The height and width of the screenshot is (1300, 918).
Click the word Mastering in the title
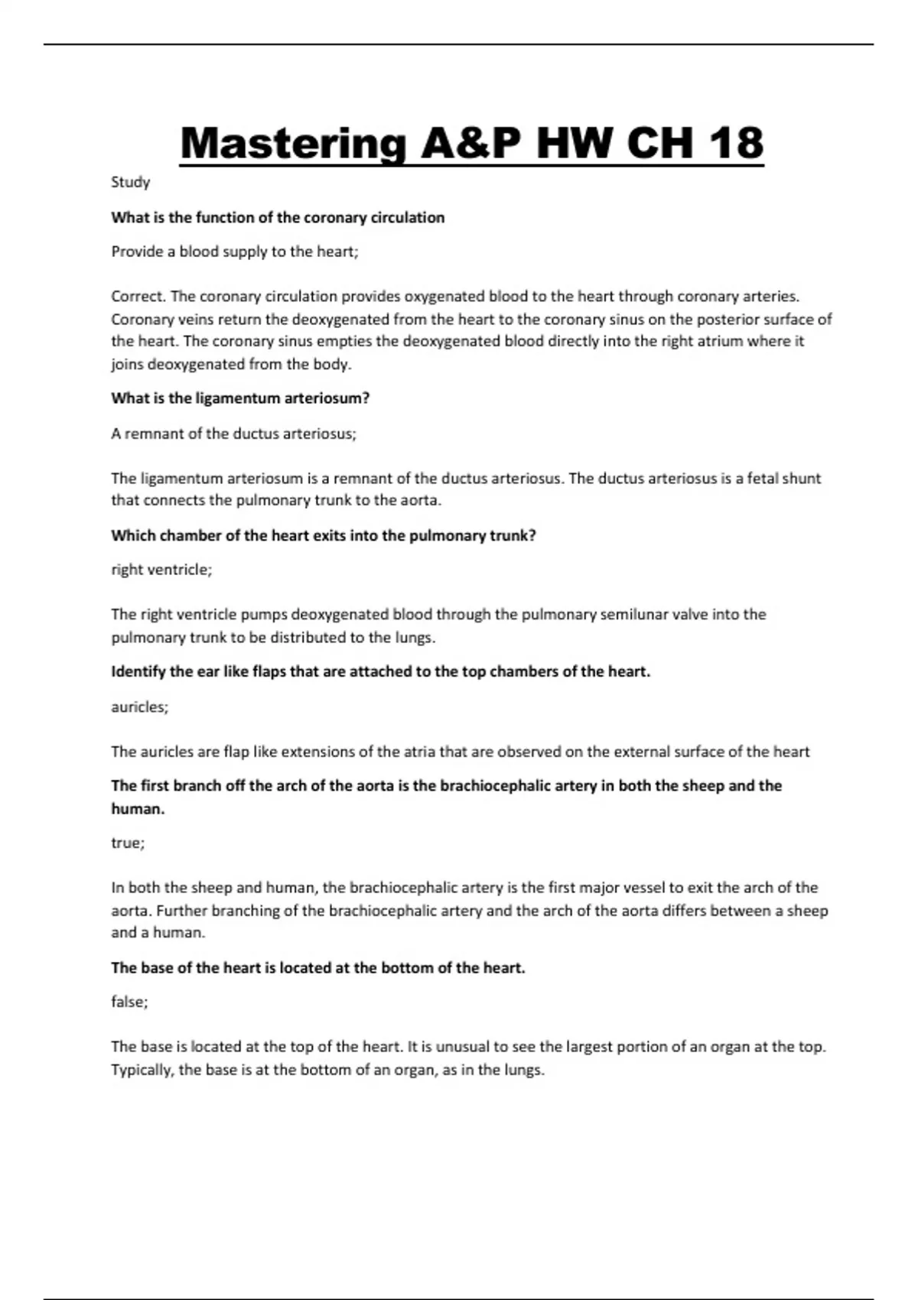[292, 144]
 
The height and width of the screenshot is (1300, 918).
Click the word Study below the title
[130, 182]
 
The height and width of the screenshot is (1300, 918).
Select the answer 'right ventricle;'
[161, 570]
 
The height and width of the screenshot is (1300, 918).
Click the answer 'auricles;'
[139, 707]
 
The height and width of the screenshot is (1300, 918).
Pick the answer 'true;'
[128, 843]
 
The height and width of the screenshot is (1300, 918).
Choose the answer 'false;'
[129, 1002]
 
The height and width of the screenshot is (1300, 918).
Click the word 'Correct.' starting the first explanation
[138, 296]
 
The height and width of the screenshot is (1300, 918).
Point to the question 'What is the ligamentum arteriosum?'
[240, 398]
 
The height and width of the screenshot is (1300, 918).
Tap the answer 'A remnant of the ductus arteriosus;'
[233, 434]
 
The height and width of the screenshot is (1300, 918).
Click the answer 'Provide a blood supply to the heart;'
[235, 252]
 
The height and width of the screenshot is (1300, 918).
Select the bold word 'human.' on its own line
[138, 809]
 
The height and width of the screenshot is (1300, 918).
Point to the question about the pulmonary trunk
[324, 536]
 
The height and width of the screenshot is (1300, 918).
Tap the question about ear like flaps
[380, 672]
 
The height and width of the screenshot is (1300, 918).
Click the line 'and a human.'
[158, 933]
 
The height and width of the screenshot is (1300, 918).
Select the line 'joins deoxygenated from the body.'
[231, 365]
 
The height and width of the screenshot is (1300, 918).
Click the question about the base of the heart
[318, 968]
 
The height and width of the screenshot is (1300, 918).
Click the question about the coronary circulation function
[278, 218]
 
